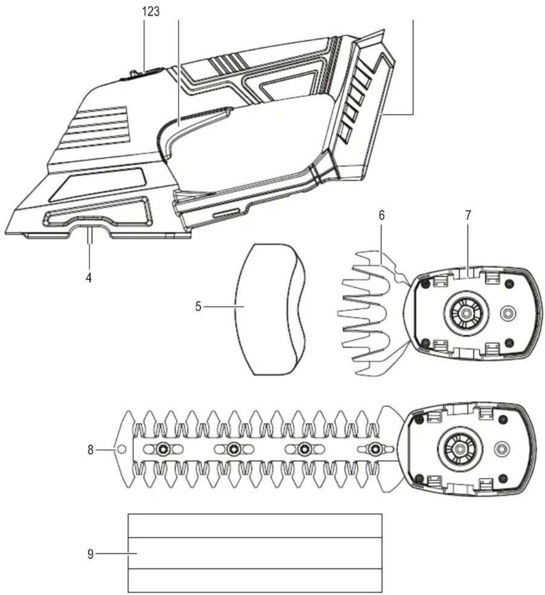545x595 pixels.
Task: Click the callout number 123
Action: click(x=151, y=11)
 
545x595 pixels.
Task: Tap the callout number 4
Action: click(x=89, y=278)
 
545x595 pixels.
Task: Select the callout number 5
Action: click(x=198, y=306)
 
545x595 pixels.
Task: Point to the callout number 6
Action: click(x=382, y=216)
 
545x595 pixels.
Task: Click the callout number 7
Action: click(x=468, y=216)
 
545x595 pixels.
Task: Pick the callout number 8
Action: click(x=91, y=450)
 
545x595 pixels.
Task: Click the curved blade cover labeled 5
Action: click(x=270, y=310)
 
